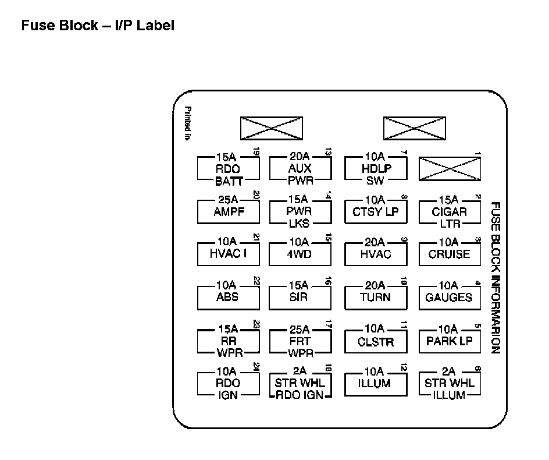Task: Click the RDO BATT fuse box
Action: pyautogui.click(x=228, y=169)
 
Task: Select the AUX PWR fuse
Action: pyautogui.click(x=300, y=169)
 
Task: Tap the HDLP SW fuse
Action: pyautogui.click(x=376, y=169)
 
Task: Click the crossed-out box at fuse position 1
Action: pyautogui.click(x=450, y=169)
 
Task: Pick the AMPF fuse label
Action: pyautogui.click(x=228, y=212)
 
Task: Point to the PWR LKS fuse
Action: pyautogui.click(x=300, y=212)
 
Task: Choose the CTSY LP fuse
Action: pyautogui.click(x=376, y=212)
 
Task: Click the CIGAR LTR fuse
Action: pyautogui.click(x=450, y=212)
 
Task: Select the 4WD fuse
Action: pyautogui.click(x=300, y=254)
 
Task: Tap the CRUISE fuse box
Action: pyautogui.click(x=450, y=254)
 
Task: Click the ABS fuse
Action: pyautogui.click(x=228, y=298)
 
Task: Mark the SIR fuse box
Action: pyautogui.click(x=300, y=298)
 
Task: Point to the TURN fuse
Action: pyautogui.click(x=376, y=298)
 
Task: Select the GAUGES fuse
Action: pyautogui.click(x=450, y=298)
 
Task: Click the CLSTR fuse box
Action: pyautogui.click(x=376, y=342)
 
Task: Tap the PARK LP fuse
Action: pyautogui.click(x=450, y=341)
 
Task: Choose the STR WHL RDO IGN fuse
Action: pyautogui.click(x=300, y=384)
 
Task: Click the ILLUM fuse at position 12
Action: pyautogui.click(x=376, y=384)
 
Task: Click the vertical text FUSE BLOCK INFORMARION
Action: pyautogui.click(x=495, y=278)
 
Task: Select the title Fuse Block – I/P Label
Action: pyautogui.click(x=98, y=26)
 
